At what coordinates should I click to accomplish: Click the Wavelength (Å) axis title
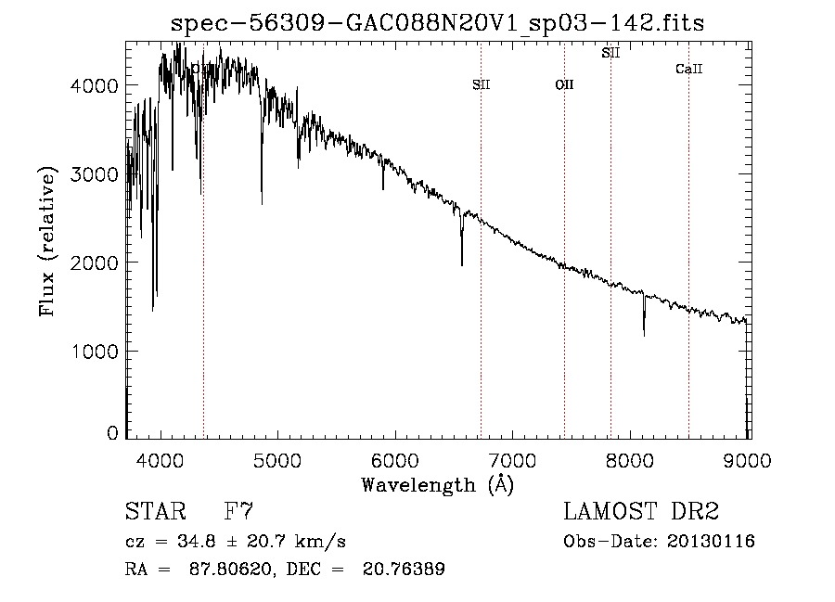click(x=437, y=484)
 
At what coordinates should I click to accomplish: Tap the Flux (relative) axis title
click(x=47, y=241)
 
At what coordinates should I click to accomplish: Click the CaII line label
click(x=688, y=69)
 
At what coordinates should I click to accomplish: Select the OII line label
click(x=564, y=84)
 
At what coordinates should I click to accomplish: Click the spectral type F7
click(x=239, y=511)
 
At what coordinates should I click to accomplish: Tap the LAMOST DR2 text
click(x=641, y=511)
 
